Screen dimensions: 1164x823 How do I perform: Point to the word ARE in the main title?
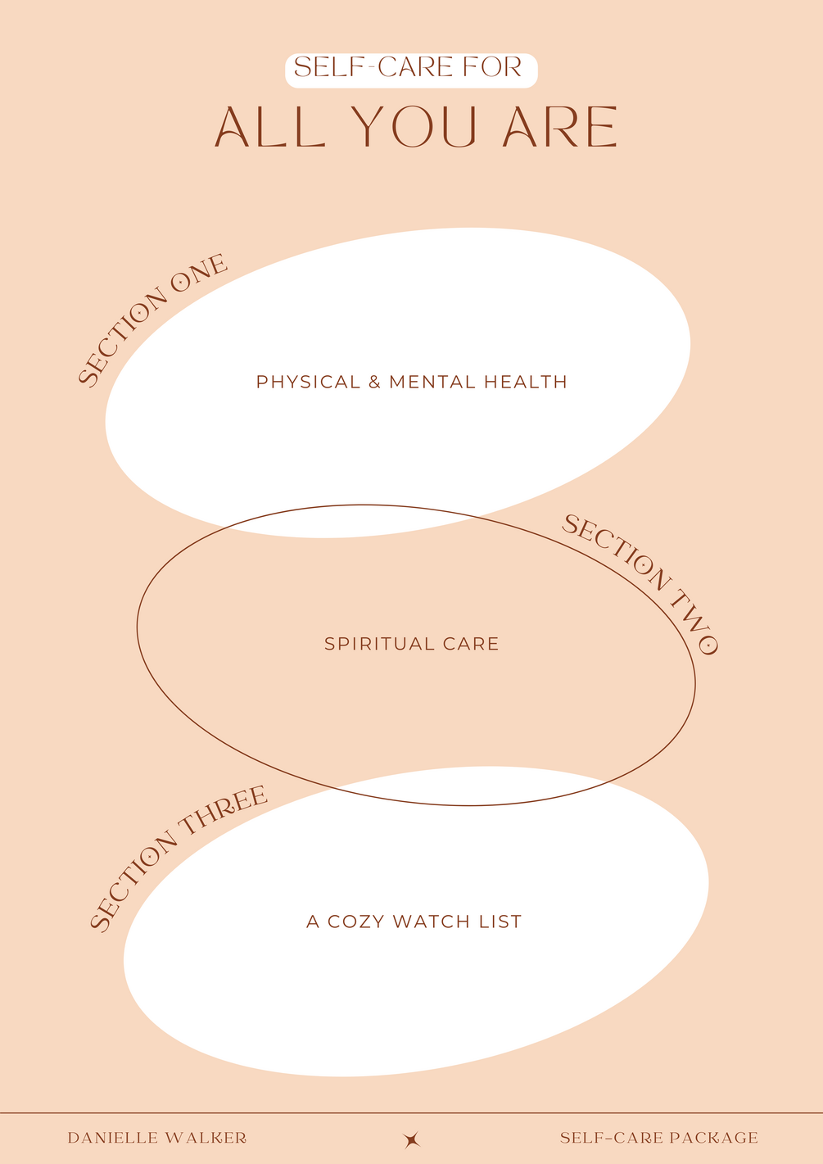560,128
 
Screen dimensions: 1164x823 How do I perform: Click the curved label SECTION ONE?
151,319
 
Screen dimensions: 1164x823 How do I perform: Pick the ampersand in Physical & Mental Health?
374,382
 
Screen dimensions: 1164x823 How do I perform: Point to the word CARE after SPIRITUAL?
471,644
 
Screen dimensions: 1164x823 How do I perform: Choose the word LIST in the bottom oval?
500,922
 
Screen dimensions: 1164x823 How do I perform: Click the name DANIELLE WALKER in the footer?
157,1138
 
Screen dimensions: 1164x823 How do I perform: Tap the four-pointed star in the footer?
412,1139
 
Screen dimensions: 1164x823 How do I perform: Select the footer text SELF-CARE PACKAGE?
659,1138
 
